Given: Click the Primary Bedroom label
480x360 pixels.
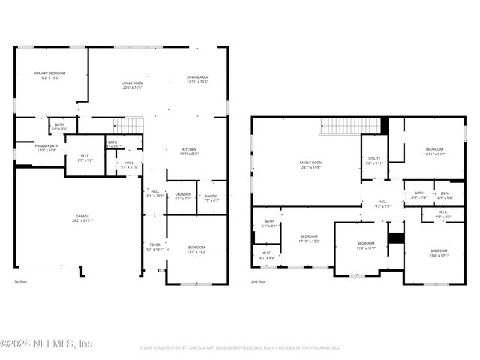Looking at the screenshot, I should click(46, 75).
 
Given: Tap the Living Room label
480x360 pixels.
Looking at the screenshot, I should click(132, 85).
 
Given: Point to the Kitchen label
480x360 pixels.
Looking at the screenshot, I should click(189, 152).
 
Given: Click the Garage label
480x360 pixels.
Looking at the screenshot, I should click(82, 218).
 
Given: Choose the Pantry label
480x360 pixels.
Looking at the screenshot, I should click(211, 198).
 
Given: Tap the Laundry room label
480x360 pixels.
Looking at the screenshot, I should click(182, 198).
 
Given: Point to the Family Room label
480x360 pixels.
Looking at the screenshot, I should click(310, 165).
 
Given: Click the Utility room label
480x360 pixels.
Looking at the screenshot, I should click(374, 160).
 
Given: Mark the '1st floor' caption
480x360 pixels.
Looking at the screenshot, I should click(21, 282).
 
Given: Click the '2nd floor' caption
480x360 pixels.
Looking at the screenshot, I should click(259, 282).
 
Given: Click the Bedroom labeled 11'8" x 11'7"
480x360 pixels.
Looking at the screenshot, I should click(365, 245).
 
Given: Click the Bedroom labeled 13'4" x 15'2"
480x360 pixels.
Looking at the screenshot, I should click(196, 250).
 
